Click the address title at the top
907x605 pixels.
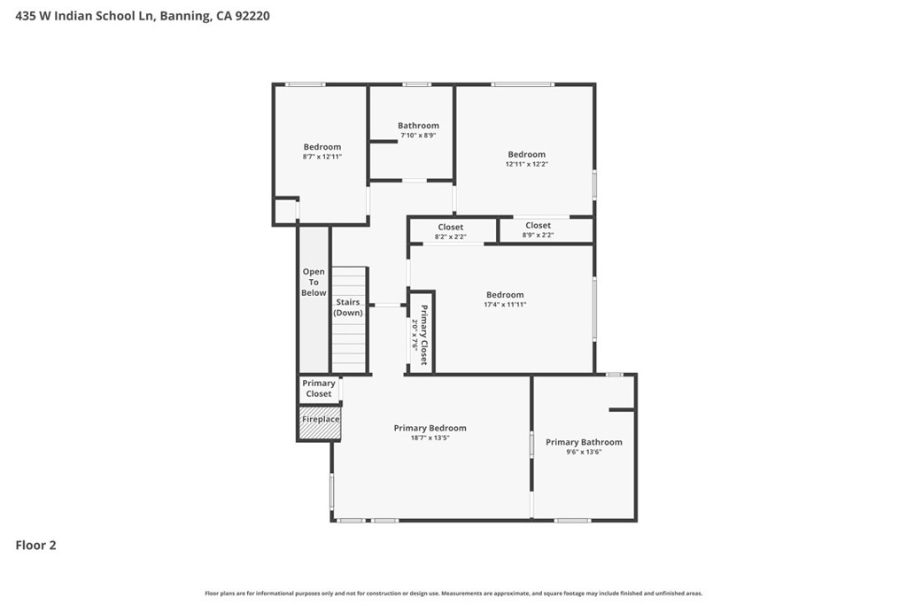pyautogui.click(x=143, y=16)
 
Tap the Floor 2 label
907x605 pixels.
pyautogui.click(x=35, y=545)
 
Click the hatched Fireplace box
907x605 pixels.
pyautogui.click(x=320, y=423)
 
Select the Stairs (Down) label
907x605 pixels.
pyautogui.click(x=348, y=307)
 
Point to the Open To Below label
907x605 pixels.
pyautogui.click(x=314, y=283)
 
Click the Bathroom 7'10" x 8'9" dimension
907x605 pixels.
pyautogui.click(x=418, y=136)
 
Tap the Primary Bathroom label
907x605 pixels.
pyautogui.click(x=585, y=442)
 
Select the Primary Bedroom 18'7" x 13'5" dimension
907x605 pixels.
pyautogui.click(x=430, y=438)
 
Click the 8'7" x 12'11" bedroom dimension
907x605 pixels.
pyautogui.click(x=322, y=156)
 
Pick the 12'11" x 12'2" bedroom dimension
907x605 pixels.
pyautogui.click(x=526, y=164)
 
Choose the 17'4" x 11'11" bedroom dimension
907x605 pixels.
pyautogui.click(x=505, y=304)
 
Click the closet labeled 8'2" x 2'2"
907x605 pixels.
pyautogui.click(x=451, y=231)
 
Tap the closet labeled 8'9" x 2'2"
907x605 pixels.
pyautogui.click(x=538, y=229)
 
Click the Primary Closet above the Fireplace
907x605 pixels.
pyautogui.click(x=319, y=388)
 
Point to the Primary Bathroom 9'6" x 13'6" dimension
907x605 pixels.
pyautogui.click(x=585, y=452)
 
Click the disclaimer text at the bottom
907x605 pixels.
pyautogui.click(x=453, y=593)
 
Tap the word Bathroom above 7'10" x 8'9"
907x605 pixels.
pyautogui.click(x=418, y=126)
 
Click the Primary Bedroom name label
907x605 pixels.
pyautogui.click(x=430, y=428)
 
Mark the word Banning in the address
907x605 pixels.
pyautogui.click(x=185, y=16)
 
